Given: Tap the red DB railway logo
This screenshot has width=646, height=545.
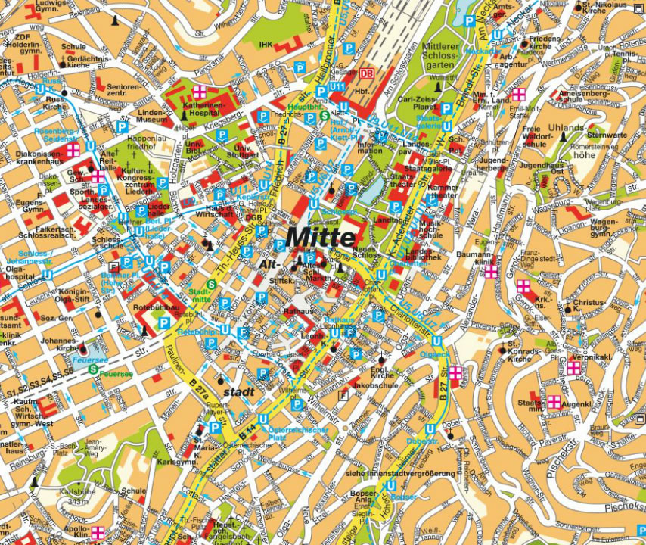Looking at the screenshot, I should click(367, 73).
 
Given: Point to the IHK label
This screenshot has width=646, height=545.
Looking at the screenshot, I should click(265, 45).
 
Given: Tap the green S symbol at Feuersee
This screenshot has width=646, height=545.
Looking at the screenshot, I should click(92, 370).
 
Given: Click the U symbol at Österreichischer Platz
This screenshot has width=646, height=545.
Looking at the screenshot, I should click(263, 419).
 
